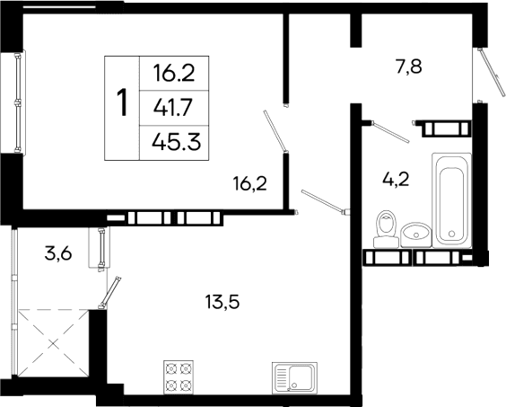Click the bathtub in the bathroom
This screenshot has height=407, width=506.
point(450,199)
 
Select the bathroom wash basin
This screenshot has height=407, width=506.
point(416,234)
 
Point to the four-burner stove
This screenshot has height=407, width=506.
point(179,377)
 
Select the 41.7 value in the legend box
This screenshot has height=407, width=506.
point(176,107)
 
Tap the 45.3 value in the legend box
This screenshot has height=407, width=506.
point(176,142)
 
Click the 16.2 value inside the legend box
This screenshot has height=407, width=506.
point(176,72)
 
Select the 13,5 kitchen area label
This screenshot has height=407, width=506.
point(222,302)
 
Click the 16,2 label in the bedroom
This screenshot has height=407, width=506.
point(250,186)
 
